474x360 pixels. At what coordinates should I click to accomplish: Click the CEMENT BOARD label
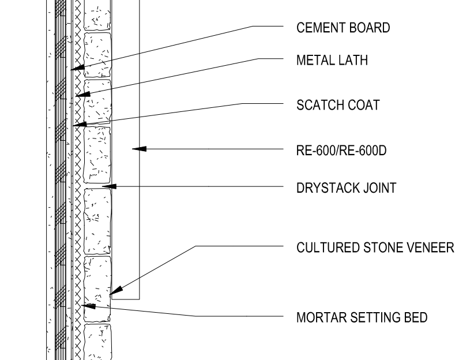[343, 27]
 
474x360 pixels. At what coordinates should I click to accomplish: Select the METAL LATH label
[332, 59]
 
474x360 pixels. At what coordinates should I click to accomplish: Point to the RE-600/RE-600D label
[341, 151]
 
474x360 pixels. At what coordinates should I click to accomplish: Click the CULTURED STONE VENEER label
[375, 247]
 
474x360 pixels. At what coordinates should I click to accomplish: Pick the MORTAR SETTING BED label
[362, 317]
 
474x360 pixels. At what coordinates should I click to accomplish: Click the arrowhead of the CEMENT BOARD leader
[77, 68]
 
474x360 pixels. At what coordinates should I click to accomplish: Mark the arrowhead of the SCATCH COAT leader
[79, 123]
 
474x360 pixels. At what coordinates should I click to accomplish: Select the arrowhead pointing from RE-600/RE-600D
[139, 149]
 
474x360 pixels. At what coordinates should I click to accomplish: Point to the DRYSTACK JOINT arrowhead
[108, 186]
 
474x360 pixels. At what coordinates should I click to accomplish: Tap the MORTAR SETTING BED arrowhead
[87, 306]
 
